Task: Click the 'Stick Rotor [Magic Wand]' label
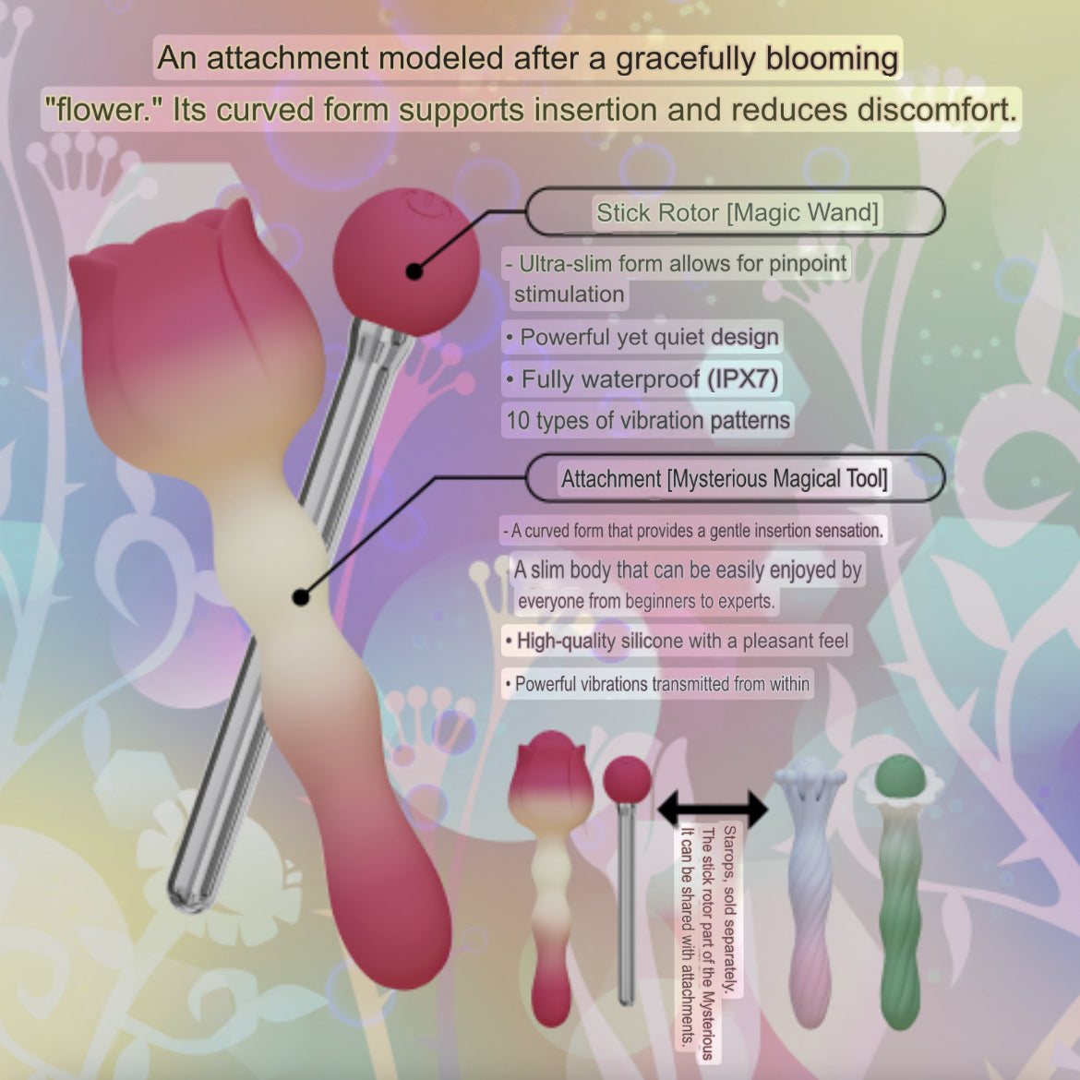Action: pyautogui.click(x=737, y=213)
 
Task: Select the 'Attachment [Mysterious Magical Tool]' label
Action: pyautogui.click(x=724, y=479)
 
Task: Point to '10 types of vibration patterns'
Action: pyautogui.click(x=647, y=420)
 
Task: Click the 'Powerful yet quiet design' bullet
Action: pyautogui.click(x=642, y=338)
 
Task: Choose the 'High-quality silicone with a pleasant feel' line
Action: pyautogui.click(x=677, y=642)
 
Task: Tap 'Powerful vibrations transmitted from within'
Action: pyautogui.click(x=657, y=684)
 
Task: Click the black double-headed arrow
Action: pyautogui.click(x=713, y=809)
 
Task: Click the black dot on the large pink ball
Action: pyautogui.click(x=414, y=272)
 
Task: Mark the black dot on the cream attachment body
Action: pyautogui.click(x=300, y=597)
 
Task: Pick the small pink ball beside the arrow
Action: pyautogui.click(x=627, y=779)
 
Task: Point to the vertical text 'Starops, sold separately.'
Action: pyautogui.click(x=730, y=909)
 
